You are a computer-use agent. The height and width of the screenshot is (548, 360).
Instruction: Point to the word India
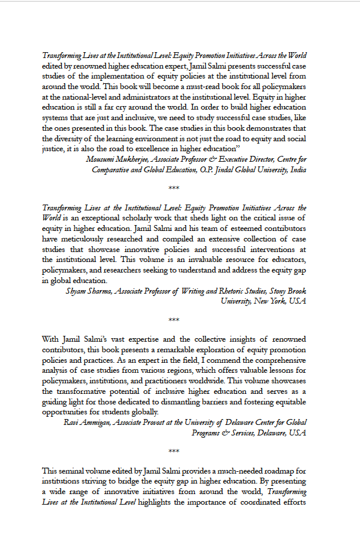[x=296, y=169]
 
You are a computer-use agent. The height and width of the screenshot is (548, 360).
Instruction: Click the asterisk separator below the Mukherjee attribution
[x=174, y=189]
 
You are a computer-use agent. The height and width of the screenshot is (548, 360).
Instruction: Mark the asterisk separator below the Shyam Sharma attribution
[x=174, y=320]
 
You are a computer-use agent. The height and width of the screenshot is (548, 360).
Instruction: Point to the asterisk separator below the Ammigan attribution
[x=174, y=451]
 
